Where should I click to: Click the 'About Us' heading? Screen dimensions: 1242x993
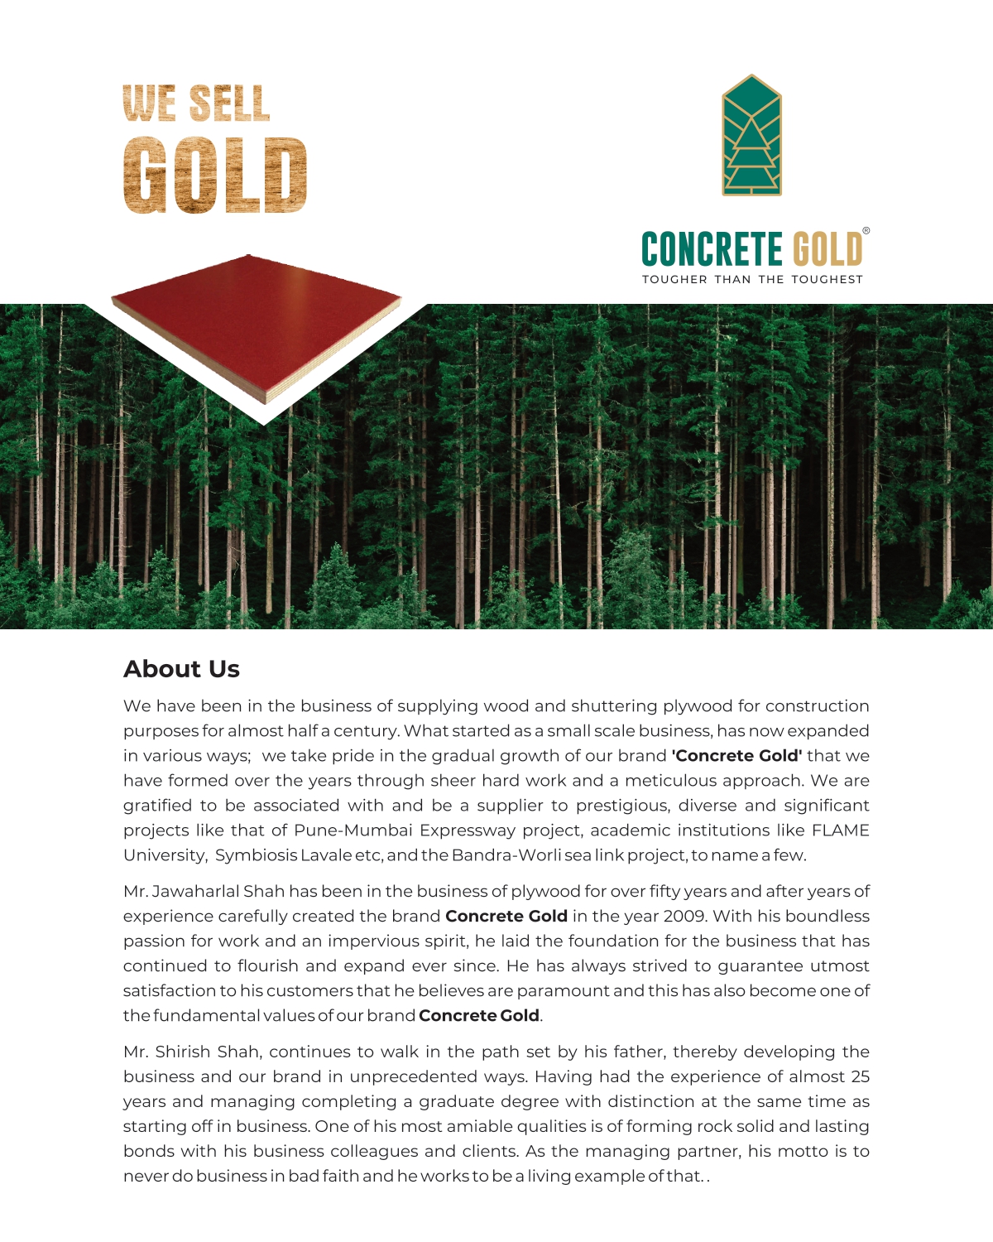point(181,669)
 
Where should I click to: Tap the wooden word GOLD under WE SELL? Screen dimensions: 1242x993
point(215,176)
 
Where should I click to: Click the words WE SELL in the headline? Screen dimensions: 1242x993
point(196,104)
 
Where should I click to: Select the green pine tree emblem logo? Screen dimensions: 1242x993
point(751,136)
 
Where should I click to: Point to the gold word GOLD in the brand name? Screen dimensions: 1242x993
point(827,249)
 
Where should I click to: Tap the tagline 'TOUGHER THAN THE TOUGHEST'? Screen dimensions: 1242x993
point(752,280)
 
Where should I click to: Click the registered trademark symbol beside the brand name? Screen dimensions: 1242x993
point(866,231)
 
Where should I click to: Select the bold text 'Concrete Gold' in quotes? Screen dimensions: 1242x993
point(736,756)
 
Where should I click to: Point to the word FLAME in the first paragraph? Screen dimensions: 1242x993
point(841,830)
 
